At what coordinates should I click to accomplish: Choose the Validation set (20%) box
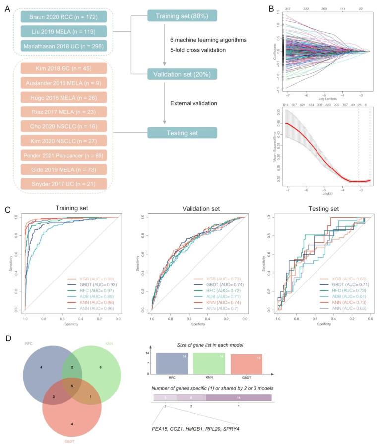tap(182, 75)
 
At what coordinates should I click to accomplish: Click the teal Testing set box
tap(182, 132)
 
